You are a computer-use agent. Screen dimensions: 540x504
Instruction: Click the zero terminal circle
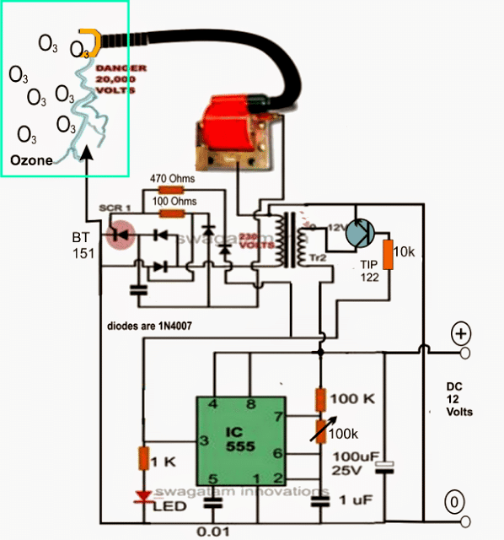click(456, 504)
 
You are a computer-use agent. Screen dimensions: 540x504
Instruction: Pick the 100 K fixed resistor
click(320, 397)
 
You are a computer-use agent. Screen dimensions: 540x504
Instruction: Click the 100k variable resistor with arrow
click(320, 430)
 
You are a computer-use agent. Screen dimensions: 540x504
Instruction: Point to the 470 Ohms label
click(172, 180)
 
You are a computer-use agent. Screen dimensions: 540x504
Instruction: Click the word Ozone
click(31, 160)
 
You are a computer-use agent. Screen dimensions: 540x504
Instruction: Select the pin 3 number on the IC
click(204, 440)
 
